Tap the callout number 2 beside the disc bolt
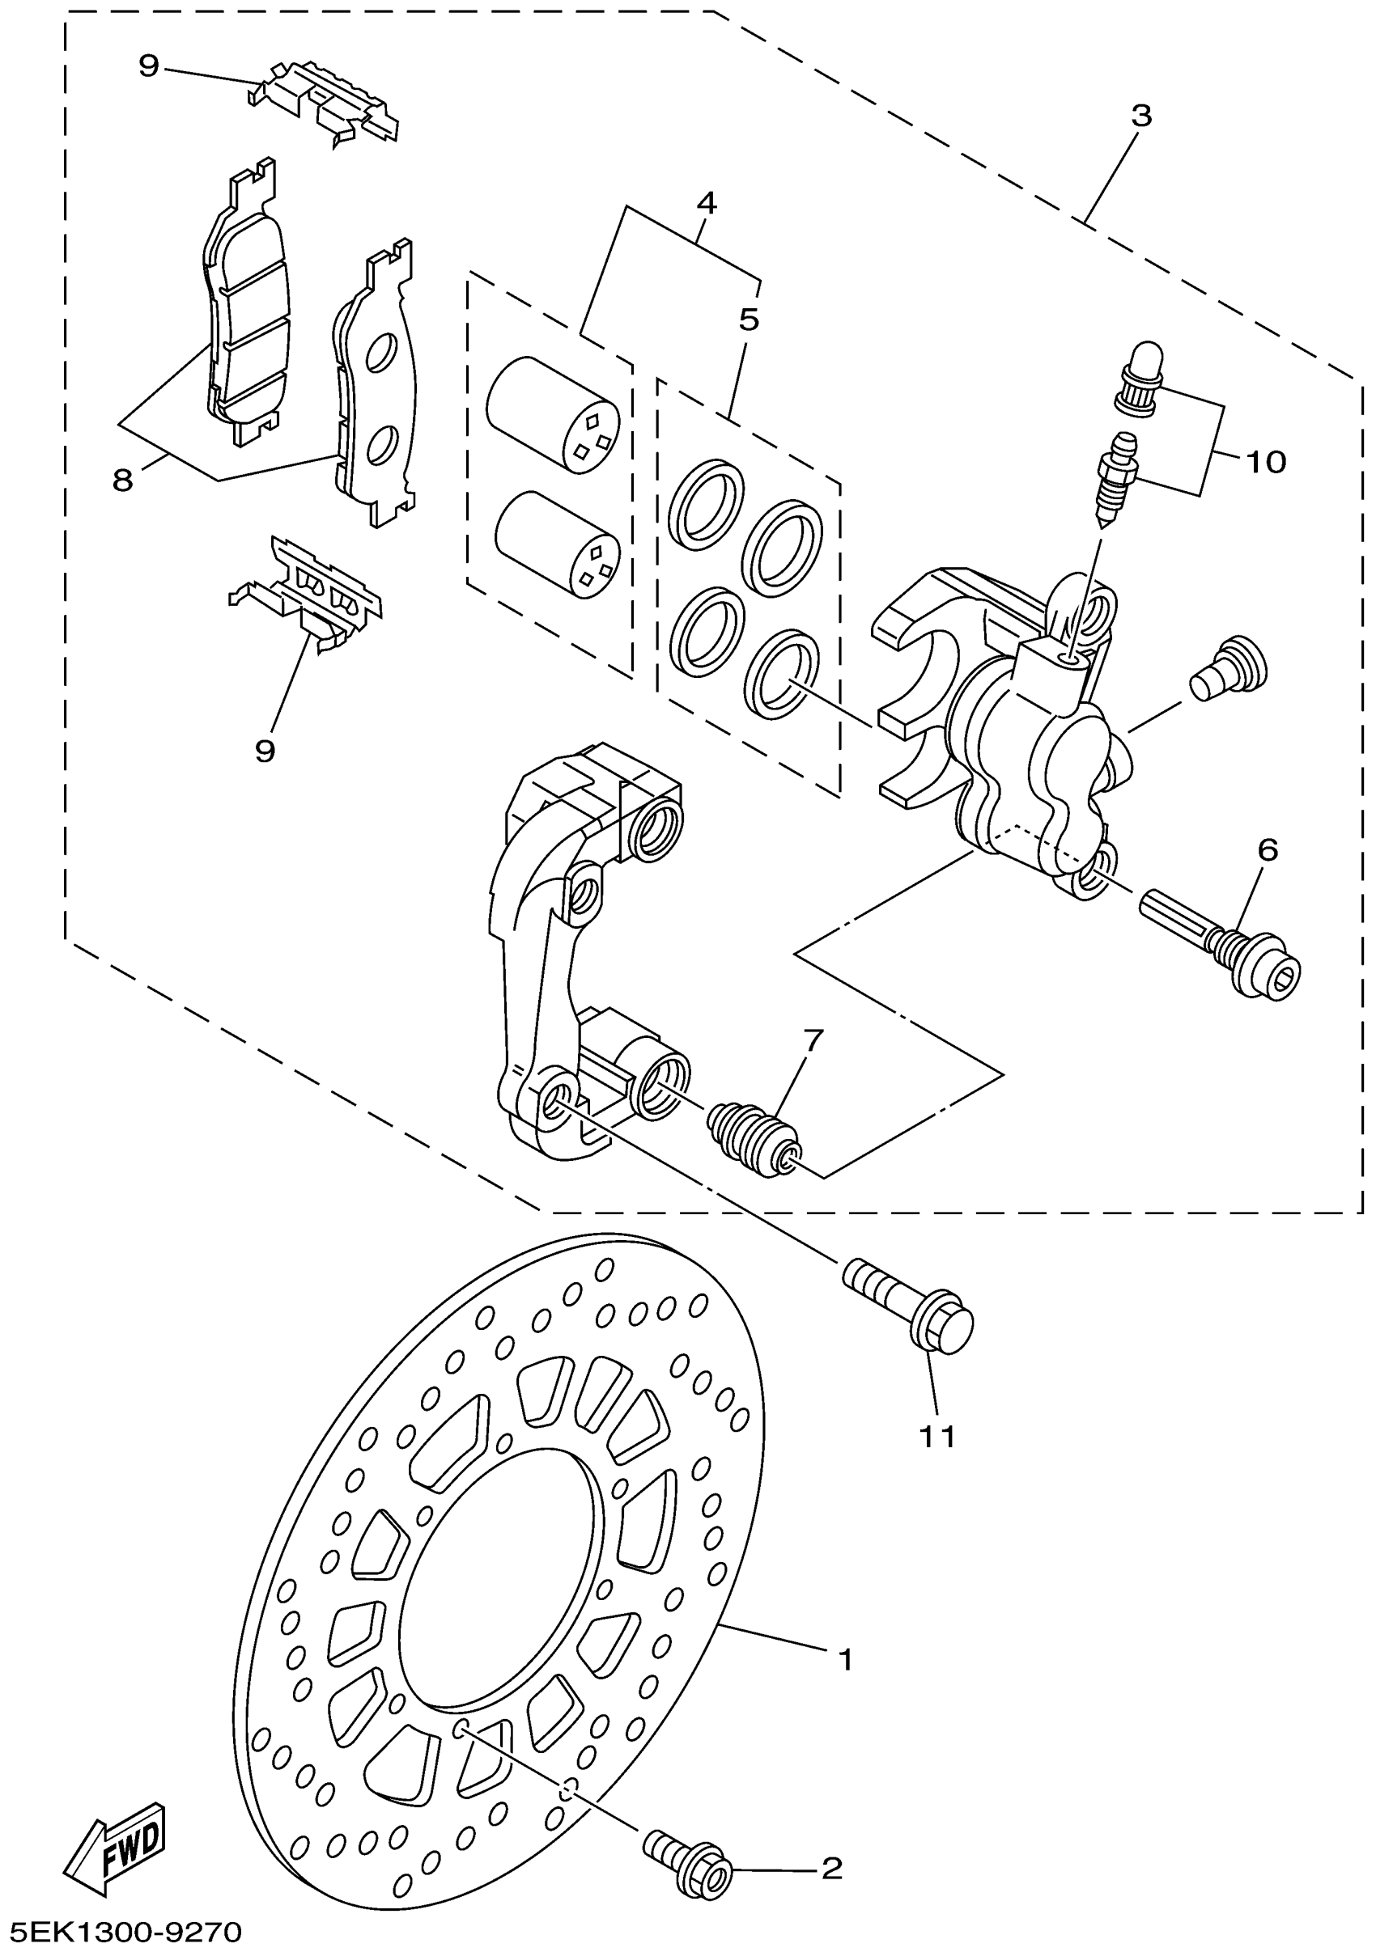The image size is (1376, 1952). [x=831, y=1868]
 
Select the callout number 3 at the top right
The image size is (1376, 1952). [x=1140, y=116]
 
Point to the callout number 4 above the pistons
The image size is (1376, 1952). [x=706, y=202]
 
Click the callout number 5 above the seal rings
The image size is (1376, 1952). [x=749, y=320]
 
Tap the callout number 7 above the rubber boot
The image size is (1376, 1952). [x=813, y=1039]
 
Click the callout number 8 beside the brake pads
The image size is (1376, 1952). [x=123, y=481]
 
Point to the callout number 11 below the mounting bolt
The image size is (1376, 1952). [x=937, y=1436]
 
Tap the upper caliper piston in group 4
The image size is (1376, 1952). [x=553, y=412]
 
